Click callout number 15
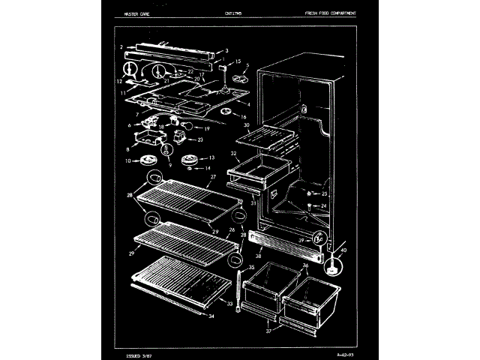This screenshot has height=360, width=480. pos(238,62)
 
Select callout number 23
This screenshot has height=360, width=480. pos(200,139)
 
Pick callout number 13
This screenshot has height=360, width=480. pos(211,157)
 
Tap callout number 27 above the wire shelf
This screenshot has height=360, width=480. pos(212,177)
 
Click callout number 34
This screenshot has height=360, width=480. pos(211,316)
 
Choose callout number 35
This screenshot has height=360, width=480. pos(251,267)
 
